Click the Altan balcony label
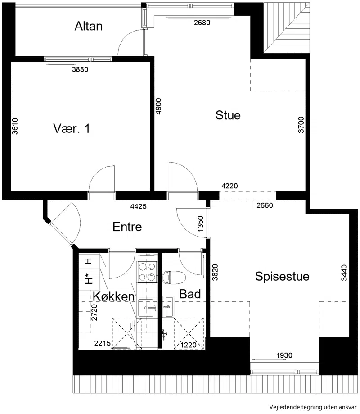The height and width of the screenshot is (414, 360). click(x=88, y=26)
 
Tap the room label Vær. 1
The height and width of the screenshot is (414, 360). click(x=72, y=128)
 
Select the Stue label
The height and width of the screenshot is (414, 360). click(x=228, y=115)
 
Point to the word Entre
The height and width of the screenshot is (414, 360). click(x=127, y=227)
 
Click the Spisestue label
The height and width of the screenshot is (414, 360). click(x=282, y=277)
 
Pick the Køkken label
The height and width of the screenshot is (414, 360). click(x=114, y=296)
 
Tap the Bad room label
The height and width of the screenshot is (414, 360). click(x=190, y=294)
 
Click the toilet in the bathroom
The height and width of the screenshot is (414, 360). click(x=174, y=278)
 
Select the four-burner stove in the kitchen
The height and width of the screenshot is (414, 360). click(x=147, y=272)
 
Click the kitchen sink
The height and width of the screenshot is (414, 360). click(x=148, y=308)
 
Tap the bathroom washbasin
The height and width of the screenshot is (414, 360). click(x=169, y=306)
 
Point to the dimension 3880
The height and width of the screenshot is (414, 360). click(x=80, y=69)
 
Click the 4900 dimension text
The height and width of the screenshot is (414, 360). click(x=158, y=106)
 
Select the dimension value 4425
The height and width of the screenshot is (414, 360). click(x=139, y=206)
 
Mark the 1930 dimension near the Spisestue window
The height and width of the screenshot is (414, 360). click(x=284, y=355)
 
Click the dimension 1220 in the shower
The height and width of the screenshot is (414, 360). click(x=189, y=345)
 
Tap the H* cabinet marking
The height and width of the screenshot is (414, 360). click(x=89, y=279)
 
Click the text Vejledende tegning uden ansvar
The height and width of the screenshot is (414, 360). click(x=313, y=407)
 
